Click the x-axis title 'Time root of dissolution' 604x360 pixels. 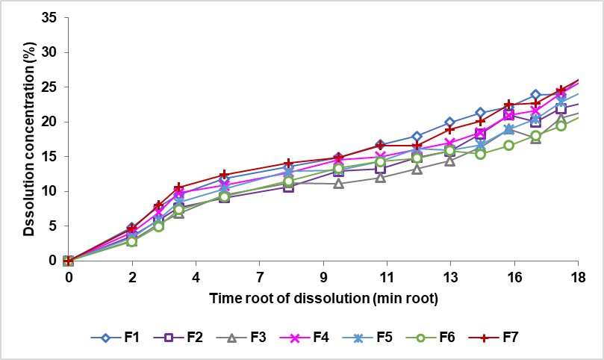323,299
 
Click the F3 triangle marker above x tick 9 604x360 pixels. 338,183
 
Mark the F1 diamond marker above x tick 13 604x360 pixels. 450,122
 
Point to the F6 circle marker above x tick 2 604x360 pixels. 132,241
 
